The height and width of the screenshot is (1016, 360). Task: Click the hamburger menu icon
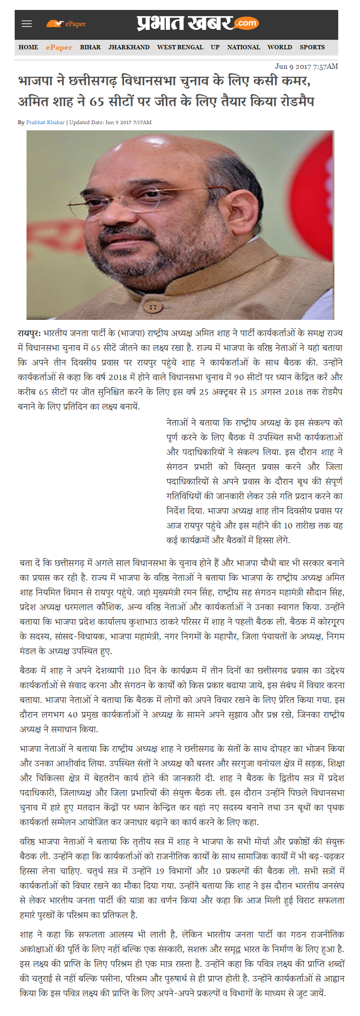pos(27,24)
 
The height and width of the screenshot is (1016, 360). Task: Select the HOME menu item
pos(28,47)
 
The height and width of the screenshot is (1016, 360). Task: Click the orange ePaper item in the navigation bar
pos(59,47)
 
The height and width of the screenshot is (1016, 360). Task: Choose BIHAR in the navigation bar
pos(90,47)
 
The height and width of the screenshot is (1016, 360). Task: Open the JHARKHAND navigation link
pos(129,47)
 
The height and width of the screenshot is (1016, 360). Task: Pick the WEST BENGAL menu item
pos(180,47)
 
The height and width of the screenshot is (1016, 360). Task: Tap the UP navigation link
pos(215,47)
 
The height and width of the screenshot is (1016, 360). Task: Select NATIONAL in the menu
pos(243,47)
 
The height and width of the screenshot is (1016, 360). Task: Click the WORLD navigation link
pos(279,47)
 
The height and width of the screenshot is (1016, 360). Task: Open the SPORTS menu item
pos(312,47)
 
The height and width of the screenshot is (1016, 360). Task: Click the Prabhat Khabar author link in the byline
pos(45,122)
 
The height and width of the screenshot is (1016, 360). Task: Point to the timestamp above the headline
pos(306,66)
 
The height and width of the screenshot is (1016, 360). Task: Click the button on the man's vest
pos(153,308)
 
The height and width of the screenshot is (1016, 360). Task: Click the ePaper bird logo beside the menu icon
pos(55,24)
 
